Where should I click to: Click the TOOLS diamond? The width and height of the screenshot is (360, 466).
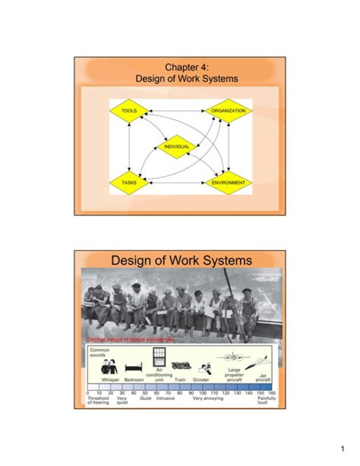[x=129, y=110]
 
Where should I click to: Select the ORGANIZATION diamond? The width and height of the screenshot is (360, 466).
[x=228, y=110]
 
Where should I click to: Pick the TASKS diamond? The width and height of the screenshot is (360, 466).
[x=129, y=183]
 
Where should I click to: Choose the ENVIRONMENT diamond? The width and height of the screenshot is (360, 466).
[x=228, y=183]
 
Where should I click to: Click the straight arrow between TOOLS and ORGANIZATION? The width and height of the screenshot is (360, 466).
[x=177, y=110]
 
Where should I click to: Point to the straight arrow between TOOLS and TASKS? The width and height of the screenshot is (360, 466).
[x=129, y=146]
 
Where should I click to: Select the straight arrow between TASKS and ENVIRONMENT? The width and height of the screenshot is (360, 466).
[x=177, y=183]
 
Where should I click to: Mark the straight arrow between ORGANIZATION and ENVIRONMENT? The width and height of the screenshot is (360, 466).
[x=228, y=146]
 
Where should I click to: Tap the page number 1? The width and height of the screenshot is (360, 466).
[x=342, y=449]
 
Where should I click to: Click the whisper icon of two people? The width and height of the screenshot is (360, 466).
[x=109, y=368]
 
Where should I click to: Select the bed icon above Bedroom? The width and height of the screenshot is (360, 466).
[x=133, y=369]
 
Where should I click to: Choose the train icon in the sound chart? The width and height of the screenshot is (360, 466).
[x=180, y=366]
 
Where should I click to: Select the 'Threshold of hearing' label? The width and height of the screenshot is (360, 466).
[x=98, y=400]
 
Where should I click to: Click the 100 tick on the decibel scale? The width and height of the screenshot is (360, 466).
[x=202, y=393]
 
